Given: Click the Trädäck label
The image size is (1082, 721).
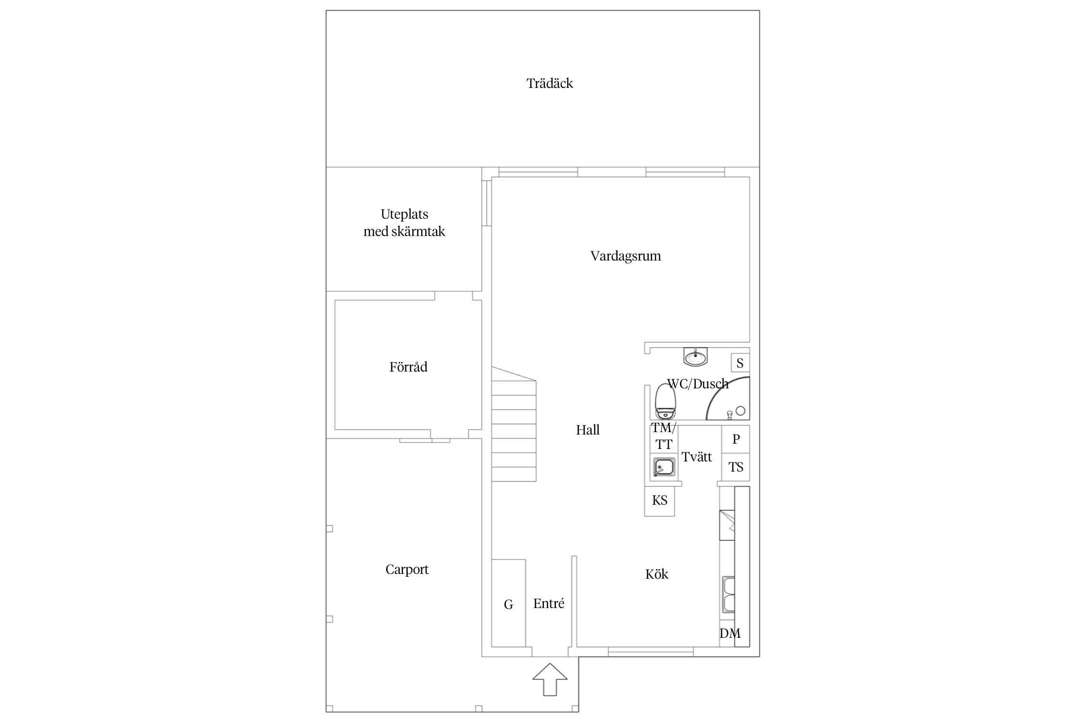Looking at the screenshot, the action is [550, 84].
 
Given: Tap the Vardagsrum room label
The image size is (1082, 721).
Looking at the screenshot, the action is [626, 256].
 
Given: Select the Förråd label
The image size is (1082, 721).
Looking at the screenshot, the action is [408, 367].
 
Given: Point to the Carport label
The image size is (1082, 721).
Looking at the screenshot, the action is [407, 570].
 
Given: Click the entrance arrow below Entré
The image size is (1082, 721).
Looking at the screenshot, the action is [550, 680].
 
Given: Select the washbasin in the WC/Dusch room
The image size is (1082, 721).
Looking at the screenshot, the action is [695, 357].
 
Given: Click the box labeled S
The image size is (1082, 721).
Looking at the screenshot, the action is [740, 363].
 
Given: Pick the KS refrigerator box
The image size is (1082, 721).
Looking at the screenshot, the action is [659, 501].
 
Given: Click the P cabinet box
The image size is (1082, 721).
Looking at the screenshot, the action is [736, 439].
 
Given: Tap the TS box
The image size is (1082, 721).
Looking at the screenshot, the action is [736, 467].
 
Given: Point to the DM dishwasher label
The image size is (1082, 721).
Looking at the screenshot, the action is [730, 634].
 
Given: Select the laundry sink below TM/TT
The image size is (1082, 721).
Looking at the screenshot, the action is [664, 467].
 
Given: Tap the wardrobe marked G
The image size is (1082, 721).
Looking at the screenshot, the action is [508, 603].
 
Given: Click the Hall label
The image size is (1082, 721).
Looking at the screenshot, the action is [588, 430].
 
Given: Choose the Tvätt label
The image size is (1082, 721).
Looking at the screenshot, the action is [696, 457].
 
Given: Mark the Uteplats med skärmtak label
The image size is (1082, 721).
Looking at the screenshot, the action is [404, 223].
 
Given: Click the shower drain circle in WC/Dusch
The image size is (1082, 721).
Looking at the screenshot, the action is [741, 411].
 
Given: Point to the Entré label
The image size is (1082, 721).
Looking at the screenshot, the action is [549, 604].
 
